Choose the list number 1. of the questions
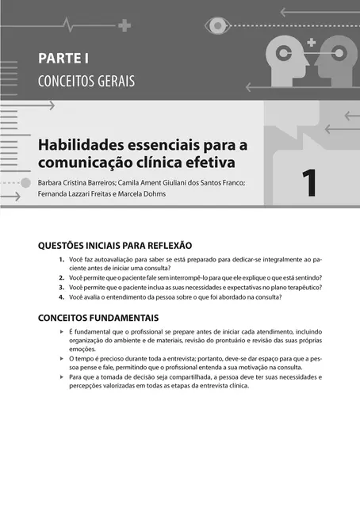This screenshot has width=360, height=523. (x=62, y=259)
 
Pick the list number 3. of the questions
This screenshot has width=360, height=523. (x=62, y=288)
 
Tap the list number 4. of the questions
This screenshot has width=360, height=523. (x=62, y=297)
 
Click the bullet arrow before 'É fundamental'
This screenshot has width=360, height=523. (x=62, y=330)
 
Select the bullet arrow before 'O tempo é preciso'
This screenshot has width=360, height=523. (x=62, y=359)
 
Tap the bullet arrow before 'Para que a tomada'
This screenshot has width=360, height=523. (x=62, y=378)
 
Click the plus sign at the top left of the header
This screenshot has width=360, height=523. (x=124, y=25)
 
